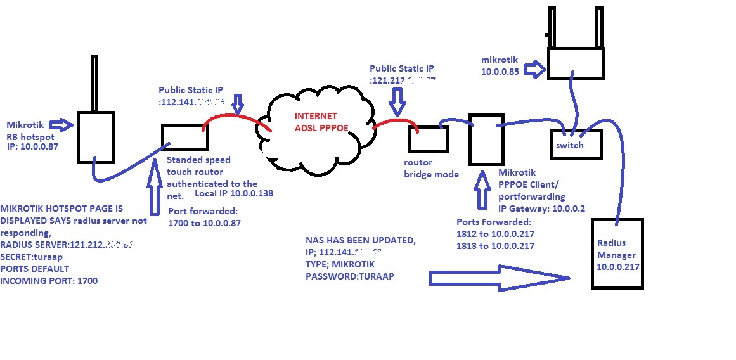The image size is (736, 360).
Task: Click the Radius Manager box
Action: pos(617,254)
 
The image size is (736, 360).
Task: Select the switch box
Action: pos(574,145)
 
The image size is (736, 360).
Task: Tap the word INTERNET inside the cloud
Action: pos(315,117)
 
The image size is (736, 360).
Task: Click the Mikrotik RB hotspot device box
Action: pos(95,136)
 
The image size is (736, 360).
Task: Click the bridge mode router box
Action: pos(428,139)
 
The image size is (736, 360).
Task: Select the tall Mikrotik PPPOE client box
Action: pos(486,139)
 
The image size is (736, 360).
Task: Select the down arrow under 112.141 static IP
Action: pos(238,103)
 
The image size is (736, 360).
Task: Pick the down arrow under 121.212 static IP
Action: pos(397,100)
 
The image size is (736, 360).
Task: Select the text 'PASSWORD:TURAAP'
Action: pos(345,276)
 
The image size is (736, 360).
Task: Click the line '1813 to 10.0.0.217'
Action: pos(495,245)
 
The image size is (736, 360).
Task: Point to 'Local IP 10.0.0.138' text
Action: pos(234,193)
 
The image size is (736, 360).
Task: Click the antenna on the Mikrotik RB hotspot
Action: pos(94,82)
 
